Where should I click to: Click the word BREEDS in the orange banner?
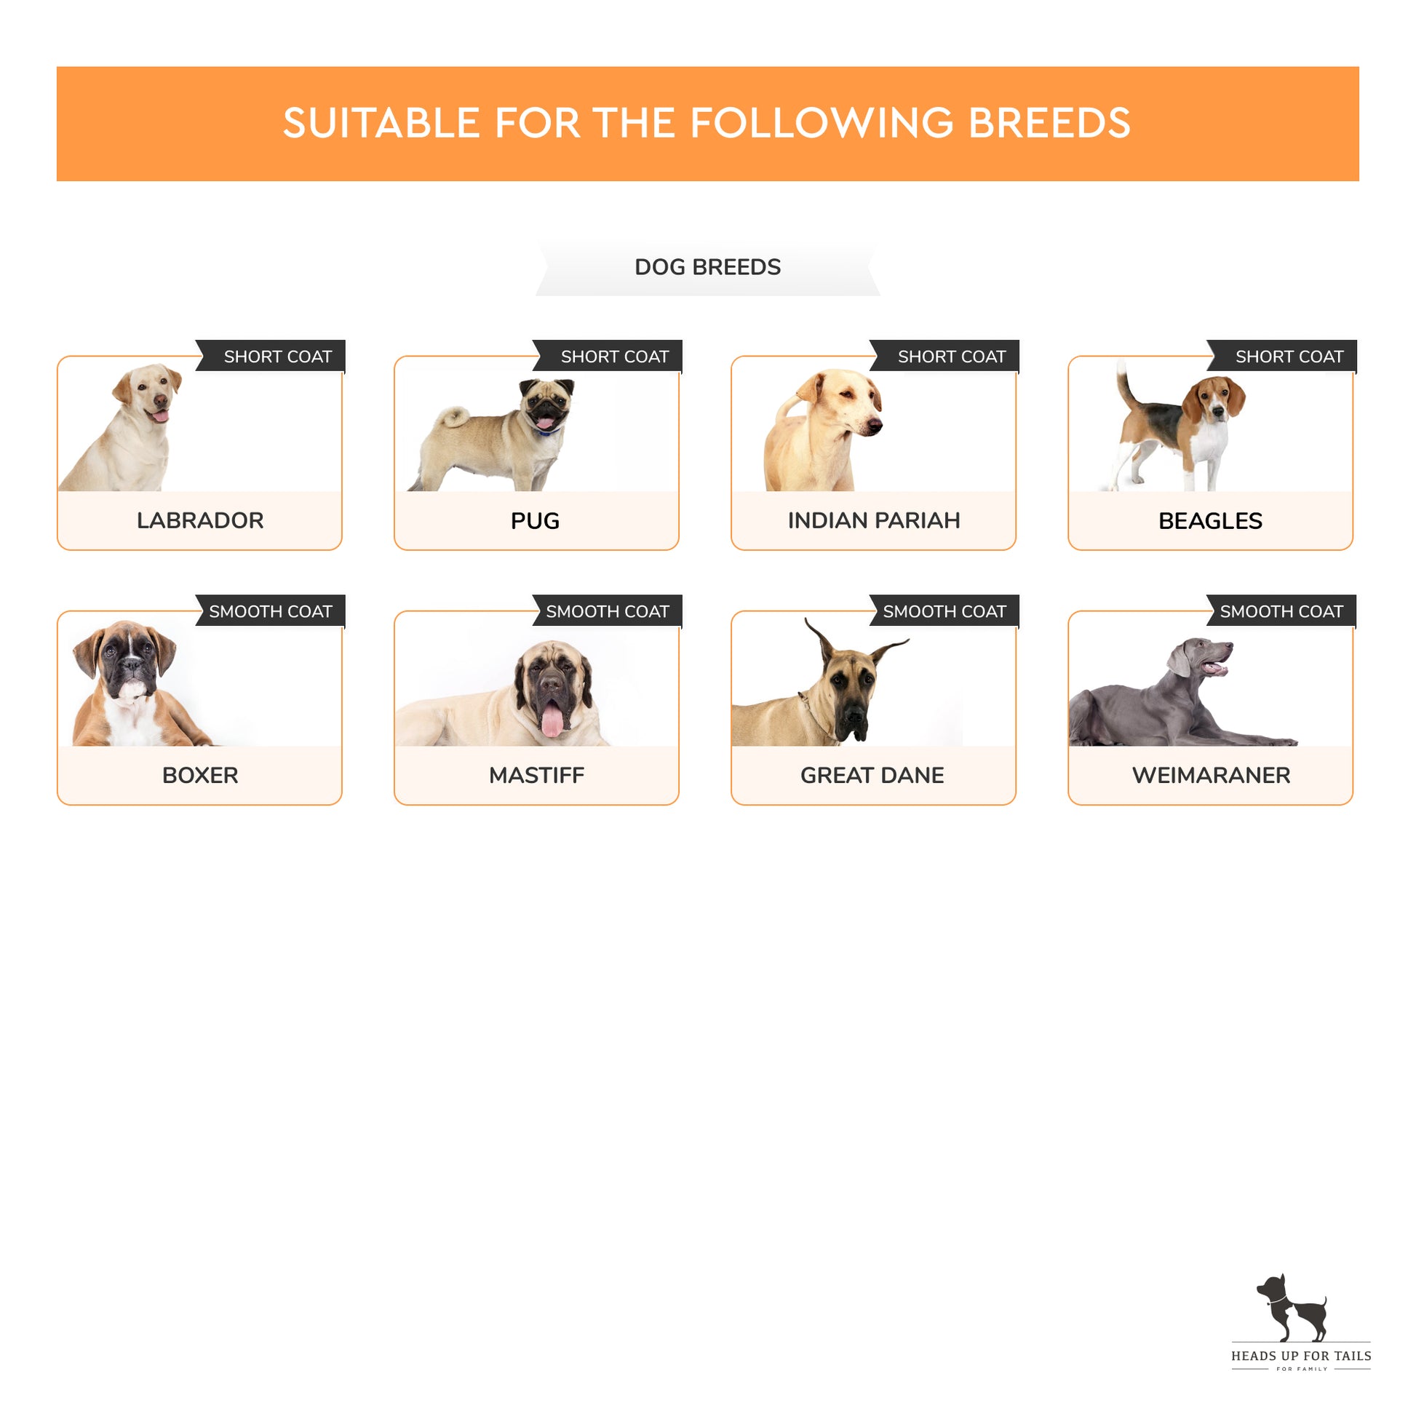1049,122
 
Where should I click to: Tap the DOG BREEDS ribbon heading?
707,267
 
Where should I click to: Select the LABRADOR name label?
200,520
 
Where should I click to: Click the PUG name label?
535,520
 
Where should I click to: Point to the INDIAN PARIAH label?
874,520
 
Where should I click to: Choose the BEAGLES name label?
1210,520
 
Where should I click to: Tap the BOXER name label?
200,775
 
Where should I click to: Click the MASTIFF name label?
536,775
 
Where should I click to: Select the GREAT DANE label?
872,775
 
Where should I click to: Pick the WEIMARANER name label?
1211,775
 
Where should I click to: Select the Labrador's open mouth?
159,415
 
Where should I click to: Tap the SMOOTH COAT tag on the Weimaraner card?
1281,610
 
